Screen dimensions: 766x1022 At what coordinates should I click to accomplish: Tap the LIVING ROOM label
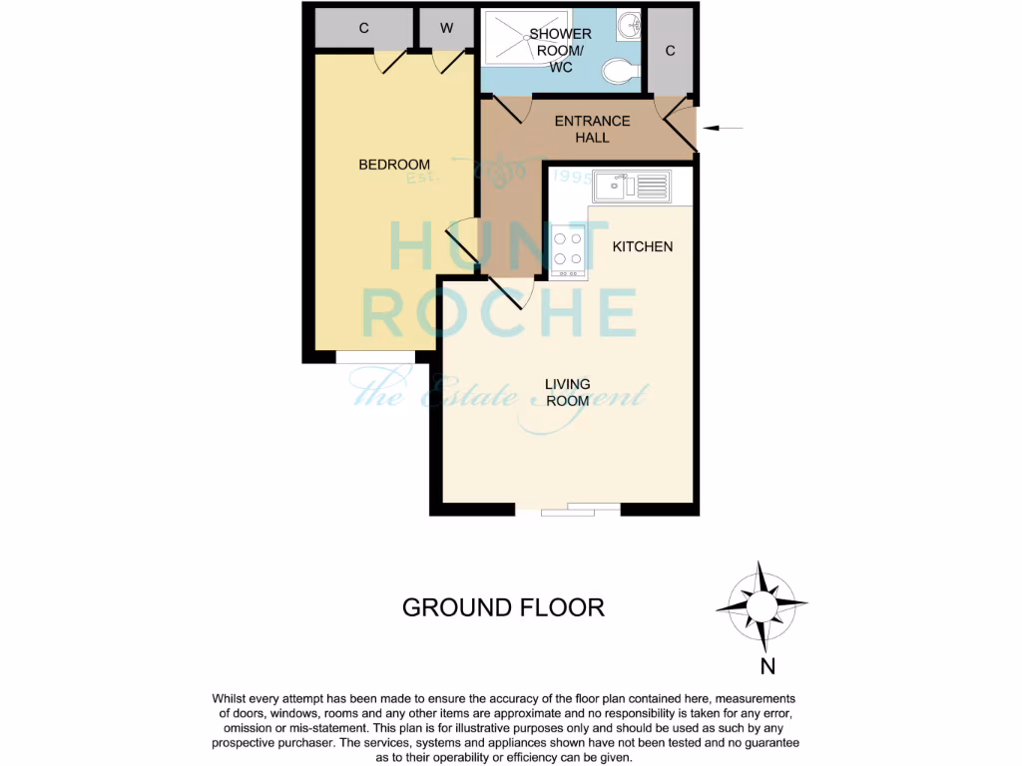pyautogui.click(x=567, y=392)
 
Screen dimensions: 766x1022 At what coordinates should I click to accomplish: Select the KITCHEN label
pyautogui.click(x=642, y=246)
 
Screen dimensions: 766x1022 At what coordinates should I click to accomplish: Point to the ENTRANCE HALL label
pyautogui.click(x=592, y=129)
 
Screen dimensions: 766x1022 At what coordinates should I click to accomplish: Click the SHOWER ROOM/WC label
pyautogui.click(x=567, y=51)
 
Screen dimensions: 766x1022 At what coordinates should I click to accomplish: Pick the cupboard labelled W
pyautogui.click(x=446, y=28)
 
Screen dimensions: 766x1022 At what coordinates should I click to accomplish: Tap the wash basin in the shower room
pyautogui.click(x=629, y=26)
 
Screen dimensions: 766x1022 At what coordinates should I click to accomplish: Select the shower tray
pyautogui.click(x=526, y=39)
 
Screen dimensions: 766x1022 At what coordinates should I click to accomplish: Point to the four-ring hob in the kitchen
pyautogui.click(x=568, y=249)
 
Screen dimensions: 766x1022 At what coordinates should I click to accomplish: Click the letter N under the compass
pyautogui.click(x=767, y=665)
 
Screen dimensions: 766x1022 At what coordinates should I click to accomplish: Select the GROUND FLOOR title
pyautogui.click(x=503, y=607)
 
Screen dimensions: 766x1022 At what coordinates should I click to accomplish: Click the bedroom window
pyautogui.click(x=375, y=357)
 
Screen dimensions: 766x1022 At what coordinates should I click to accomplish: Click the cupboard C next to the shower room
pyautogui.click(x=670, y=51)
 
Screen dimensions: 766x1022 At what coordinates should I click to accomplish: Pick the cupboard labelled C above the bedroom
pyautogui.click(x=363, y=28)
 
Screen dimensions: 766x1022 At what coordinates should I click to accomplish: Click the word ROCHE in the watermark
pyautogui.click(x=499, y=312)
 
